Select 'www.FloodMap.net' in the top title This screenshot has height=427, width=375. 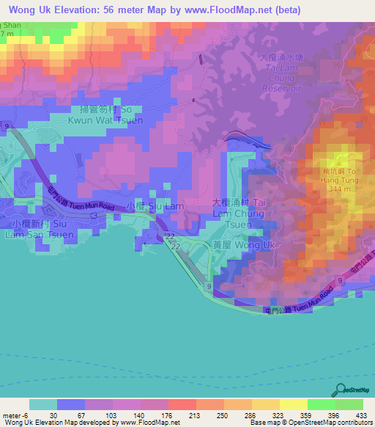click(x=225, y=10)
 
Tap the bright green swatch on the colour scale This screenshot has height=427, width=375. click(x=322, y=404)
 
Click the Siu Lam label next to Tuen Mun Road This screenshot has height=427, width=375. click(x=155, y=207)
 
